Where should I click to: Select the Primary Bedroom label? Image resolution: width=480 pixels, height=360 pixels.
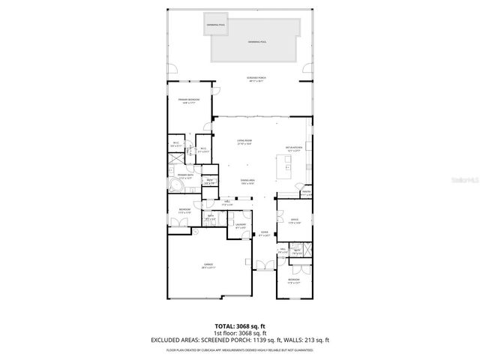pyautogui.click(x=188, y=100)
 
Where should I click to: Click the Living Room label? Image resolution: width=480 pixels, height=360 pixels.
pyautogui.click(x=244, y=142)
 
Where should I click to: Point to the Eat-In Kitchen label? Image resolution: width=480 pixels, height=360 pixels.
pyautogui.click(x=292, y=148)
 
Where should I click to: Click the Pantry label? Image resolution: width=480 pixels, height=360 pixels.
pyautogui.click(x=306, y=193)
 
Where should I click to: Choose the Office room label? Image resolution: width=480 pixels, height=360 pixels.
pyautogui.click(x=294, y=220)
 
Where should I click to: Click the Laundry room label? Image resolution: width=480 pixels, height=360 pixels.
pyautogui.click(x=241, y=226)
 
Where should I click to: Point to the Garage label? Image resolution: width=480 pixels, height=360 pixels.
pyautogui.click(x=208, y=266)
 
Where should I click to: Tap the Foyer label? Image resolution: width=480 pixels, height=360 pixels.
pyautogui.click(x=265, y=234)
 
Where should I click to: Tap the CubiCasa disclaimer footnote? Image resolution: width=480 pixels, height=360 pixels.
pyautogui.click(x=239, y=349)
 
